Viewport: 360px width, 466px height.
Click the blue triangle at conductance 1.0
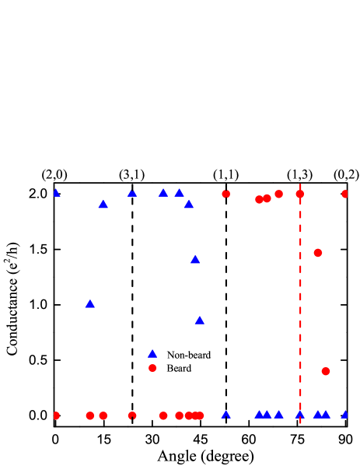click(x=90, y=304)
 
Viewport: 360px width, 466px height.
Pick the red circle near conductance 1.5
click(x=318, y=253)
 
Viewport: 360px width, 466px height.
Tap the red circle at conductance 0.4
click(x=326, y=371)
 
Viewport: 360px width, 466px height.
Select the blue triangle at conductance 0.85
click(x=200, y=321)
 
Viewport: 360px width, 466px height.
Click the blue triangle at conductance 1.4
click(x=195, y=260)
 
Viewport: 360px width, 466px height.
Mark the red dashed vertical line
click(x=300, y=305)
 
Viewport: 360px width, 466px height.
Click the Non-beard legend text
click(x=189, y=355)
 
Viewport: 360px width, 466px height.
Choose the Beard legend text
click(x=179, y=369)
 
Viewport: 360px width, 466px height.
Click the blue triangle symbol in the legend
click(x=152, y=354)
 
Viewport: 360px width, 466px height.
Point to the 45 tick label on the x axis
click(x=200, y=440)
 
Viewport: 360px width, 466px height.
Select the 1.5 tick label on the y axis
click(x=39, y=250)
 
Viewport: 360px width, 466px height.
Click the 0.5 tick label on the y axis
click(x=39, y=360)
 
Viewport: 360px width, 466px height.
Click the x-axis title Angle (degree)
click(x=205, y=457)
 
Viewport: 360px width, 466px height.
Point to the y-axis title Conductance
click(x=13, y=300)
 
